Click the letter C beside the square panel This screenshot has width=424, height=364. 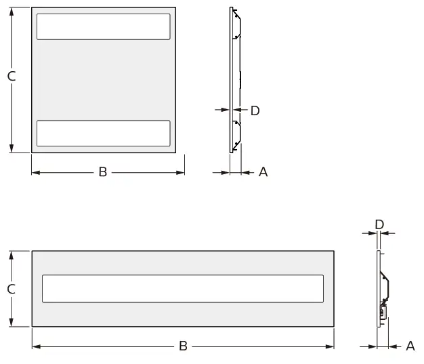12,77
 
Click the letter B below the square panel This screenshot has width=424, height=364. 103,172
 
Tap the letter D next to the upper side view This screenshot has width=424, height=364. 255,110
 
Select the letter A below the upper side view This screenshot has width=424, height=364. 263,172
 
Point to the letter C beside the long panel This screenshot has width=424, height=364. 12,289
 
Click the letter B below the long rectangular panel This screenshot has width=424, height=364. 183,346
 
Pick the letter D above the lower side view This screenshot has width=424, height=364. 379,224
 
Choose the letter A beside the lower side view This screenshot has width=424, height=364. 410,346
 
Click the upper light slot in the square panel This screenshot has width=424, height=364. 103,26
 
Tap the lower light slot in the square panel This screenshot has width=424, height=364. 103,133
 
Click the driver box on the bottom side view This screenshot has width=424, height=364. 383,312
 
